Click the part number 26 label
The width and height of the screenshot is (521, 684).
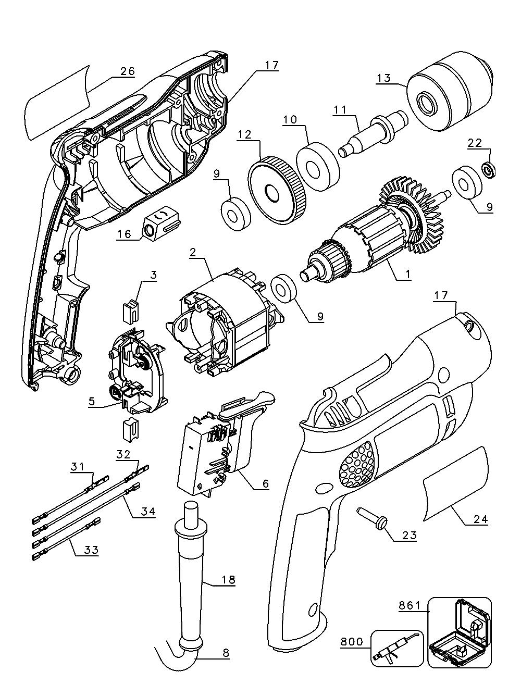(127, 71)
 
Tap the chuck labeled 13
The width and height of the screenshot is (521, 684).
(449, 96)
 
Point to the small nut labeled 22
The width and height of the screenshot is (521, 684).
(489, 169)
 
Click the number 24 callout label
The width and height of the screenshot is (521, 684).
(480, 518)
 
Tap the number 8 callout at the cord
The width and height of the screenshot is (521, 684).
(225, 653)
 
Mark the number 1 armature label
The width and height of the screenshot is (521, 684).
(407, 273)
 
